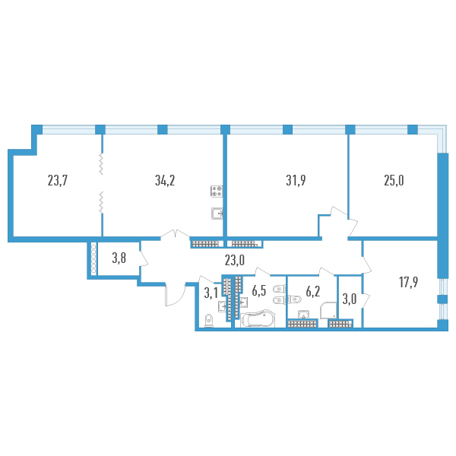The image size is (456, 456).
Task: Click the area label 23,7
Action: point(58,181)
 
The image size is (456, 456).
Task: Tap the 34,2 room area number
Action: point(165,181)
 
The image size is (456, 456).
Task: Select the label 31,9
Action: point(296,181)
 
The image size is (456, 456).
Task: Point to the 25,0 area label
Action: point(394,181)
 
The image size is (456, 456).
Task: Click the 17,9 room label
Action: point(409,282)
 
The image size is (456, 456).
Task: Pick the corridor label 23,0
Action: point(235,260)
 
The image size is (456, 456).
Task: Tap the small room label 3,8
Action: point(119,258)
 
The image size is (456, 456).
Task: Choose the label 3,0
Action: point(350,299)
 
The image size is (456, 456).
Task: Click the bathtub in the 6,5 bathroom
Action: point(258,318)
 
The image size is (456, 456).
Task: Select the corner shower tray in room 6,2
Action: point(328,311)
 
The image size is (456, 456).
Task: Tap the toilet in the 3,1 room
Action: point(209,321)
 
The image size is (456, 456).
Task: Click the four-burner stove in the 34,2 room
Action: point(217,191)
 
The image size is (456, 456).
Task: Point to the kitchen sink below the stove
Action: point(217,213)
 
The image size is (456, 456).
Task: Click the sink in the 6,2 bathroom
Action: point(303,315)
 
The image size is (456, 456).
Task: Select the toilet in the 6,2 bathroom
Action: point(293,299)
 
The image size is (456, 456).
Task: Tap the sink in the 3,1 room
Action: point(222,306)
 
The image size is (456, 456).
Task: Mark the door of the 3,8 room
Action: point(144,258)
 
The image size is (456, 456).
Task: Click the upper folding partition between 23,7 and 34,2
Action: point(101,164)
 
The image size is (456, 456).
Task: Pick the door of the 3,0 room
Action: point(366,300)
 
